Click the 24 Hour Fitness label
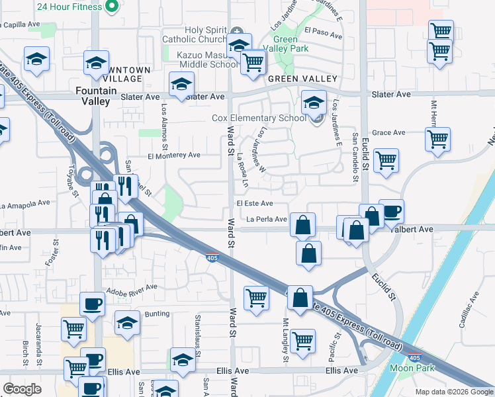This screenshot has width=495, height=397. [69, 7]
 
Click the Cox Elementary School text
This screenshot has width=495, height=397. [258, 118]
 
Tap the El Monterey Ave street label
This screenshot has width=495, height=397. [174, 155]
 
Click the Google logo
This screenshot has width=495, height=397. [22, 389]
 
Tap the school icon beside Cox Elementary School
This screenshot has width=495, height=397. [314, 103]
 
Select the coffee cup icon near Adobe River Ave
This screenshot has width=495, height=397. [92, 304]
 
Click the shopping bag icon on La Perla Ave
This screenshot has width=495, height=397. [302, 225]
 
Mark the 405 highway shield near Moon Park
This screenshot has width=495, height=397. [414, 358]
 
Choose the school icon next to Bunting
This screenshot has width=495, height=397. [127, 322]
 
